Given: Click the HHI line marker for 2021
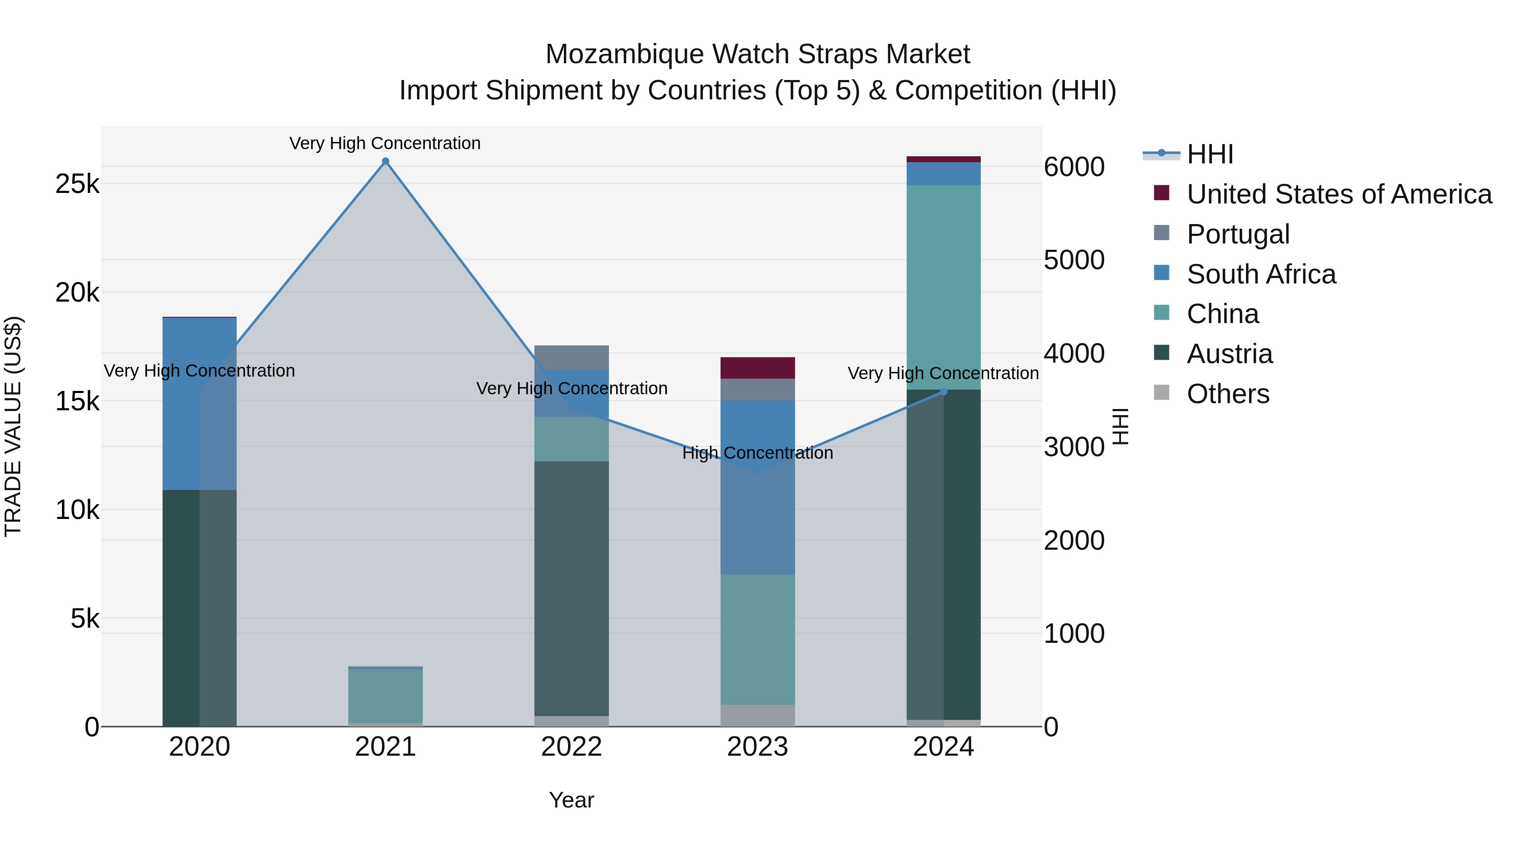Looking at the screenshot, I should point(385,161).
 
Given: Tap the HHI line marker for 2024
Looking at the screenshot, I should point(943,391).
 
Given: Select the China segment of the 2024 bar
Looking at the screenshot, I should point(943,287).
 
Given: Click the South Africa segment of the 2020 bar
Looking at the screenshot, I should point(200,403).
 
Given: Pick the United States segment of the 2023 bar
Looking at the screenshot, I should point(758,368).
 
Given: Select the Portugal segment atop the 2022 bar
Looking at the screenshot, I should point(571,357).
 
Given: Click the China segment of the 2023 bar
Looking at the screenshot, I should point(758,639).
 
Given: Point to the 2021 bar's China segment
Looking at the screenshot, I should point(385,696).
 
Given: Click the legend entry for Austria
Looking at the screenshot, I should point(1229,354).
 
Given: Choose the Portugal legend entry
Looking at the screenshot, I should point(1238,234).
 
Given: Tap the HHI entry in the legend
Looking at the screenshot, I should point(1209,154).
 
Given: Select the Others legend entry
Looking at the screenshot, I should point(1228,394).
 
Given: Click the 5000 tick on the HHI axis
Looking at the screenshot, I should point(1074,260).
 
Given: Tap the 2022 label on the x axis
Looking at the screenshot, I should point(571,747).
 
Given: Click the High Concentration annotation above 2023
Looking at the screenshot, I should point(758,453).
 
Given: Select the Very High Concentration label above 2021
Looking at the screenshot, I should point(385,143).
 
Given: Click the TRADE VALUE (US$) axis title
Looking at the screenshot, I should point(13,426).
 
